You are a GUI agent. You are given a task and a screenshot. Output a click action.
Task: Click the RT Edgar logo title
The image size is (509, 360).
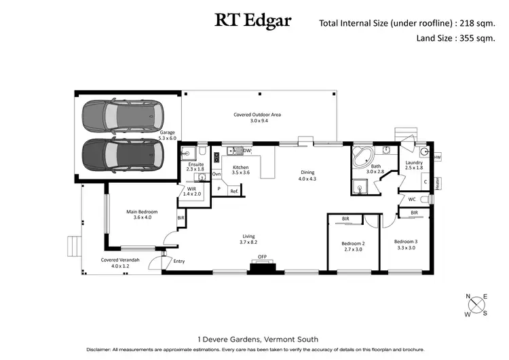tap(253, 20)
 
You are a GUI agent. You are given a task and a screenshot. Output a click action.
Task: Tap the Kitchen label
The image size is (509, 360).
tap(241, 167)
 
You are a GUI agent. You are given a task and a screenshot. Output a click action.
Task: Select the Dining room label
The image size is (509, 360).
tap(307, 173)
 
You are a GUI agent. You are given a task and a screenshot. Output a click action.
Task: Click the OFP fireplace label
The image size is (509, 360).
tap(262, 257)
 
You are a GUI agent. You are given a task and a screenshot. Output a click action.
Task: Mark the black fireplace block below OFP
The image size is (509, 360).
tap(262, 267)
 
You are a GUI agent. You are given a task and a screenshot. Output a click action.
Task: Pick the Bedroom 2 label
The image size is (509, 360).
tap(354, 243)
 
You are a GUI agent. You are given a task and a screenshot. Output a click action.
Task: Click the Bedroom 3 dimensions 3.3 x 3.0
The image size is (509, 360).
tap(405, 248)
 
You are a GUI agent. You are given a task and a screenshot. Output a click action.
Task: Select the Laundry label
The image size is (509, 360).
tap(414, 163)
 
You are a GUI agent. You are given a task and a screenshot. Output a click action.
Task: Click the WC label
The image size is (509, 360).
tap(411, 199)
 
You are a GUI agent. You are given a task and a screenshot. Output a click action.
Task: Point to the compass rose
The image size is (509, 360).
tap(477, 304)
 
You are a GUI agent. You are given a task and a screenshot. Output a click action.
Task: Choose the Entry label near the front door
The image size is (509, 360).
tap(179, 261)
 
